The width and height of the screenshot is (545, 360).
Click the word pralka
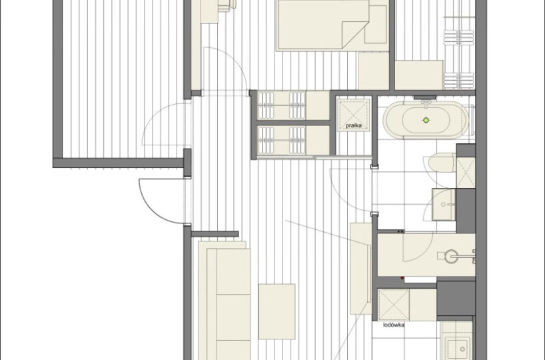[x=354, y=125]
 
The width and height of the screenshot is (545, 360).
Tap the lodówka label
[x=394, y=325]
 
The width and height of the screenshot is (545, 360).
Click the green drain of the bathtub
[x=426, y=121]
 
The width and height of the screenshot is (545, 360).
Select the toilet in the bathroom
[x=439, y=163]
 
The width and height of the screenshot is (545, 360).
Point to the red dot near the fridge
[x=402, y=278]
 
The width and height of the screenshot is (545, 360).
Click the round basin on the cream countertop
[x=452, y=257]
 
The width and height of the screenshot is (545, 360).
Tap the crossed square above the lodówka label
[x=394, y=305]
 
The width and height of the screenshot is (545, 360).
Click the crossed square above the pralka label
[x=354, y=115]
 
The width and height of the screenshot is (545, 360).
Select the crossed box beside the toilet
[x=466, y=173]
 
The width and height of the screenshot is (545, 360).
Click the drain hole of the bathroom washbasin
[x=443, y=205]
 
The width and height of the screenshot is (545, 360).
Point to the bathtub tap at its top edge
[x=426, y=101]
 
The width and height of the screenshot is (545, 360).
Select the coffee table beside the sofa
[x=276, y=311]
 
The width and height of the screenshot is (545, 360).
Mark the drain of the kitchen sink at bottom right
[x=462, y=349]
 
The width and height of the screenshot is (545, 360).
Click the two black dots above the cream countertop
[x=401, y=231]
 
